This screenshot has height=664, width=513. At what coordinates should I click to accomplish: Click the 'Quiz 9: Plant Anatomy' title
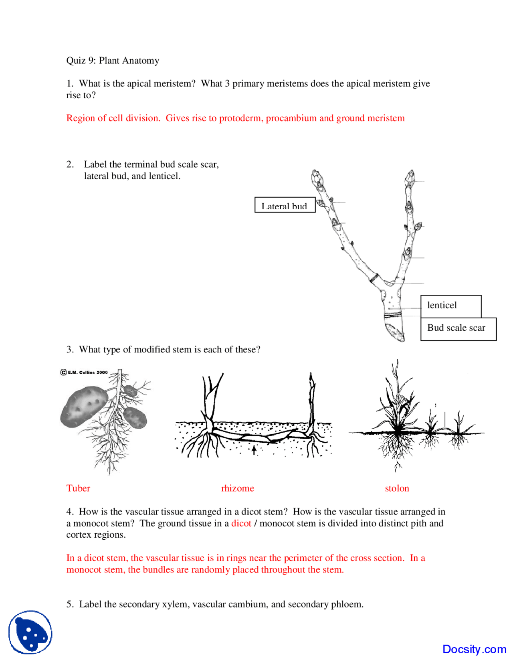(x=113, y=61)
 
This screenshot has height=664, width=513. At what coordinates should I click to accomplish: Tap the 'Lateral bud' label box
(x=285, y=205)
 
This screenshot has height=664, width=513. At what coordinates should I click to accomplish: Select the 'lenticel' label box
(x=450, y=306)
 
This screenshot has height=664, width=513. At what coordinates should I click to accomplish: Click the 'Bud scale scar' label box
(x=458, y=329)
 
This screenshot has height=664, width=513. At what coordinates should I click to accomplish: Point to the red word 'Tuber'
(x=78, y=488)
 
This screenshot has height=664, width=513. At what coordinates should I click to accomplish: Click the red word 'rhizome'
(x=237, y=488)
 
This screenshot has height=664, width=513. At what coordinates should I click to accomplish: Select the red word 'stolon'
(x=397, y=488)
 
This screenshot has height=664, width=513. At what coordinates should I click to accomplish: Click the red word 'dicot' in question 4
(x=241, y=523)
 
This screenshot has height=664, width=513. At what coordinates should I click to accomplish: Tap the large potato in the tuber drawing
(x=84, y=405)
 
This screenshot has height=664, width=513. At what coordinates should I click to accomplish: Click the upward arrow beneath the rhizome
(x=254, y=450)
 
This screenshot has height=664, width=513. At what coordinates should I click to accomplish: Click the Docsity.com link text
(x=474, y=649)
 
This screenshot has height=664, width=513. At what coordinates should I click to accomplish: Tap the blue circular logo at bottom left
(x=30, y=632)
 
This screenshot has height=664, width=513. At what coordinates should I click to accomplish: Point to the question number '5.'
(x=70, y=604)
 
